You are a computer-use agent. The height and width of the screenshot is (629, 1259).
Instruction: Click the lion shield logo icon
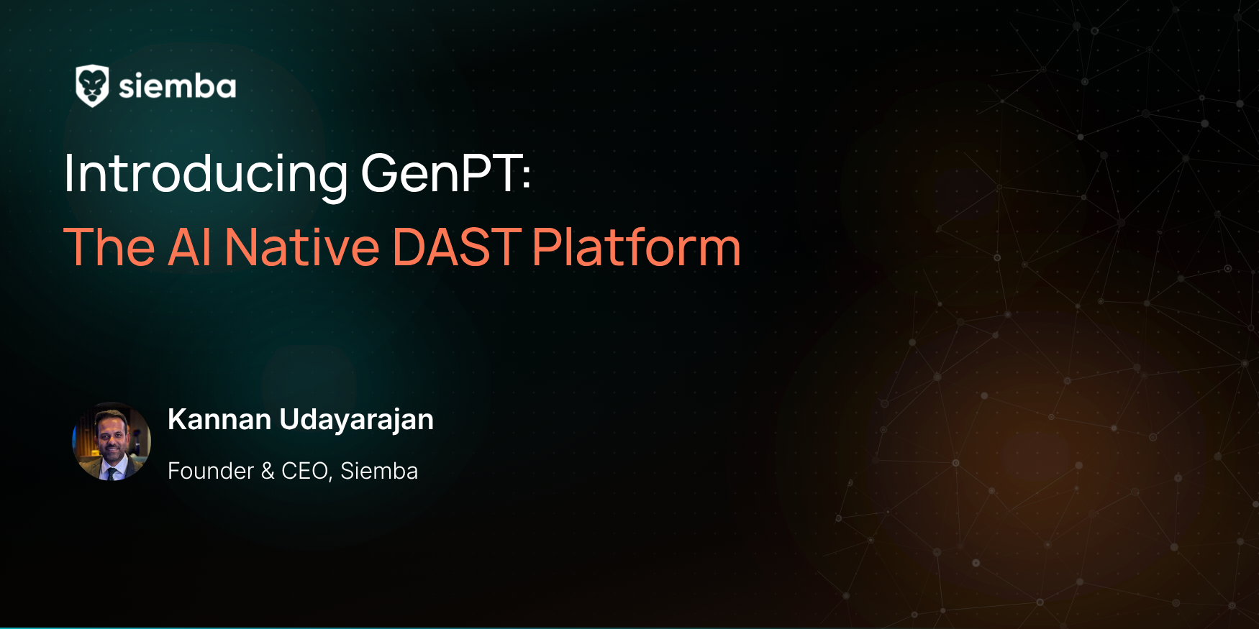[x=92, y=86]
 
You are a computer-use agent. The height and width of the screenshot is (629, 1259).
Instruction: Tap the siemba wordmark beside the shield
[x=177, y=87]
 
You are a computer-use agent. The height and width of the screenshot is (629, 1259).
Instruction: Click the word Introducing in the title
[x=206, y=175]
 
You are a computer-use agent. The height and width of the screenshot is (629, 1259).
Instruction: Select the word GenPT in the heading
[x=440, y=173]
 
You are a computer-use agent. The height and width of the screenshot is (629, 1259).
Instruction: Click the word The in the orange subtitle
[x=109, y=247]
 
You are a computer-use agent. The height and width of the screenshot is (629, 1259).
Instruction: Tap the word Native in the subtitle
[x=302, y=247]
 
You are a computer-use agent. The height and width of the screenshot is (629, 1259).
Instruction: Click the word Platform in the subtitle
[x=637, y=247]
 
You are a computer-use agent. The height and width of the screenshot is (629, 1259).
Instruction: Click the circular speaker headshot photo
[x=112, y=441]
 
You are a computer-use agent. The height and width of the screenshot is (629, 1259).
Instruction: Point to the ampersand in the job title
[x=268, y=471]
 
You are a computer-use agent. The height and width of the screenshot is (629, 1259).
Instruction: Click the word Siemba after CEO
[x=379, y=471]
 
